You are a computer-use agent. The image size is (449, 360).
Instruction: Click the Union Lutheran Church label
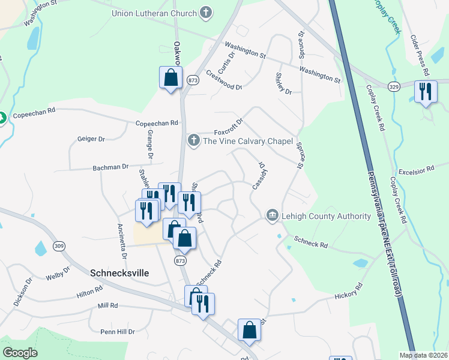coord(154,13)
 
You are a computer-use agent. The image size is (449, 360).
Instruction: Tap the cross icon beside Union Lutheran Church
coord(206,12)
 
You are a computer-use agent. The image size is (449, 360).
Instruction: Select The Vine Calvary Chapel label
coord(248,142)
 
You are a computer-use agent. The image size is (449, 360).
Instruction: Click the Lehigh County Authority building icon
coord(272,215)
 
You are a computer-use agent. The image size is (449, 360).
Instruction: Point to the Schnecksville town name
coord(119,272)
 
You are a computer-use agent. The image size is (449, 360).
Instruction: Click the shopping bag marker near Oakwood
coord(170,77)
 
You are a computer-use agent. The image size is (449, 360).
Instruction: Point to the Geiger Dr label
coord(91,139)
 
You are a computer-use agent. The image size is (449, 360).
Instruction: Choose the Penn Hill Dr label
coord(118,331)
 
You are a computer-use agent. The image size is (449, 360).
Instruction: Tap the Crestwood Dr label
coord(223,80)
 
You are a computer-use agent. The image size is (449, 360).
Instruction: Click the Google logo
coord(20,353)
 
